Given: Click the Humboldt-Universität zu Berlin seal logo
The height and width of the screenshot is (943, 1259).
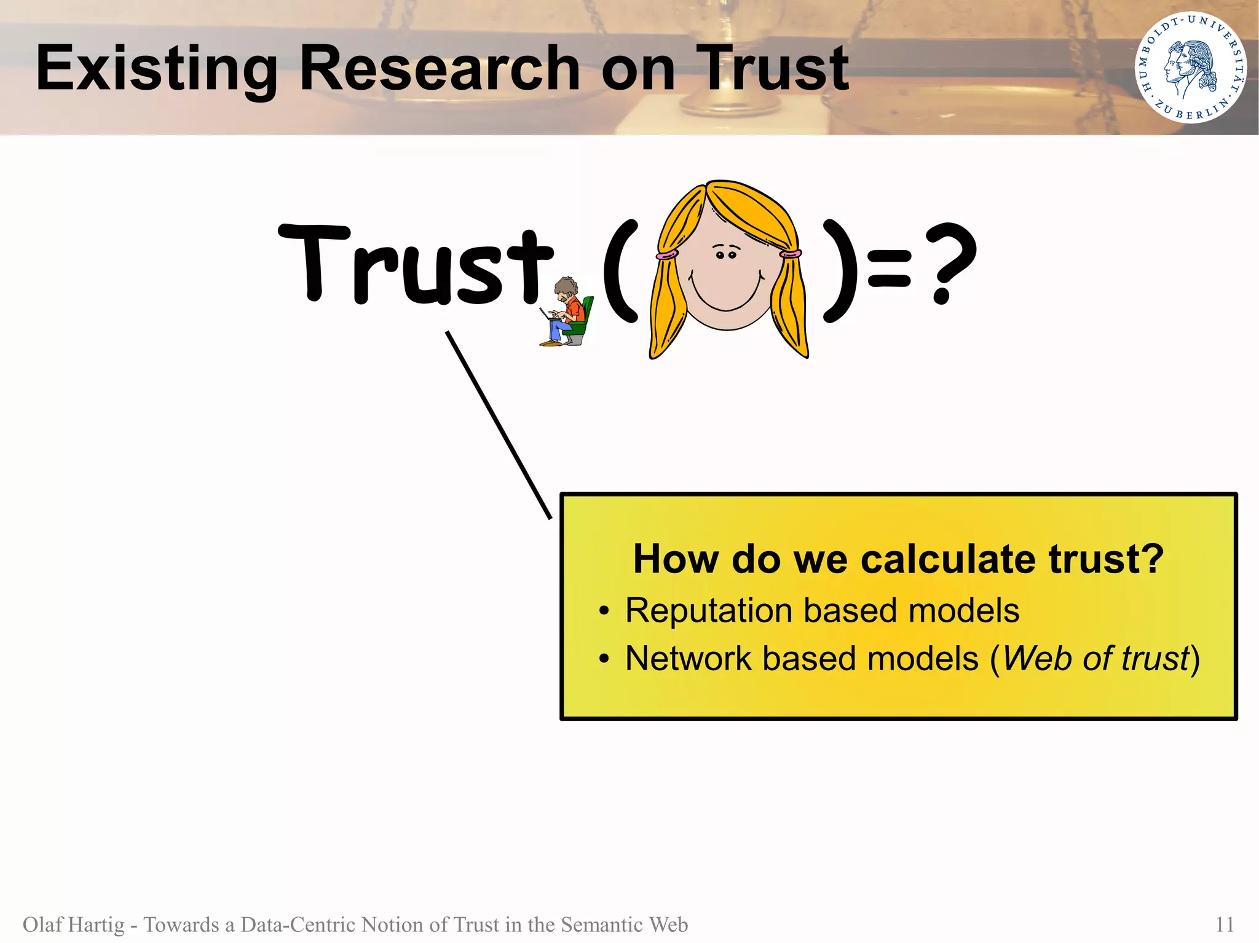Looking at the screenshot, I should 1190,68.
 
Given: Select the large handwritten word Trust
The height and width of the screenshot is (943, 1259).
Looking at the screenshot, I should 417,265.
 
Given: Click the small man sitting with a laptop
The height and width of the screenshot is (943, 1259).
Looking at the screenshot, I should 567,312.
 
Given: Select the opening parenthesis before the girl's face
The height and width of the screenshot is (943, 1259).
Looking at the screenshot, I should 620,270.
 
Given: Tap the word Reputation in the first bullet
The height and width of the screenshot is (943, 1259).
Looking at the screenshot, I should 708,611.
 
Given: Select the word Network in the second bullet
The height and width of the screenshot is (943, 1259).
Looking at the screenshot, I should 688,659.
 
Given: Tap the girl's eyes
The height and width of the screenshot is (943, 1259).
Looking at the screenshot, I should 726,254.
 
